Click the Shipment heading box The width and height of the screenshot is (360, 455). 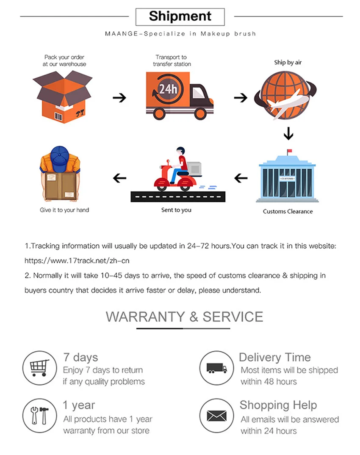(x=180, y=17)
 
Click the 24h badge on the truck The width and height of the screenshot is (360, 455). (x=166, y=89)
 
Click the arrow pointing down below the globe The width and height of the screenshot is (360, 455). (x=288, y=134)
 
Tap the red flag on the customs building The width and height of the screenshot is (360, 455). (x=290, y=151)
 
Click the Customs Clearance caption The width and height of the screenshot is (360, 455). (x=288, y=211)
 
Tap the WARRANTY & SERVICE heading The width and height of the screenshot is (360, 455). (x=184, y=317)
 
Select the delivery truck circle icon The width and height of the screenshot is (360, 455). (x=217, y=368)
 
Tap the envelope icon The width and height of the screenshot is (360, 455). (x=217, y=416)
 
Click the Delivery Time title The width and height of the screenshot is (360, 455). (x=274, y=357)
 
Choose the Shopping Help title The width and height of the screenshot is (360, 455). (x=278, y=405)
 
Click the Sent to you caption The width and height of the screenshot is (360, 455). (x=176, y=210)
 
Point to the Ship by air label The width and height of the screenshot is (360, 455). (x=288, y=62)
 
